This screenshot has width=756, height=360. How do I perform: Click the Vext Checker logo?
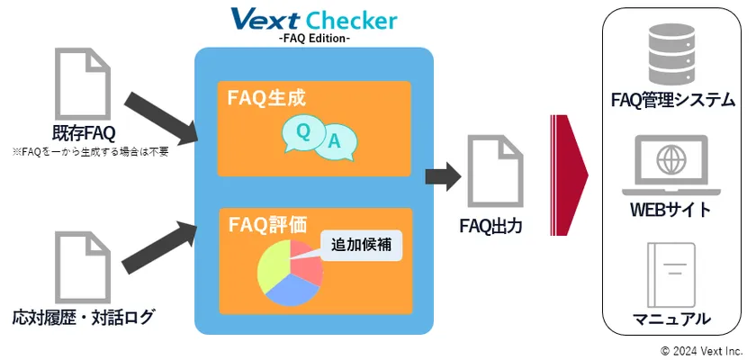click(314, 19)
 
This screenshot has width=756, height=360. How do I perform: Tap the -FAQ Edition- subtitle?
click(314, 39)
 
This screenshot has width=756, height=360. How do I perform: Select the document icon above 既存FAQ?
click(83, 84)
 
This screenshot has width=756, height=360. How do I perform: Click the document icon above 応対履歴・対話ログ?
click(83, 267)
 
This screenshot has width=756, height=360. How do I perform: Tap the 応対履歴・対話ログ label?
click(84, 318)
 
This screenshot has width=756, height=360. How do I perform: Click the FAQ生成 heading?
click(266, 98)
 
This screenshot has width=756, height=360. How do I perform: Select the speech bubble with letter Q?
click(302, 133)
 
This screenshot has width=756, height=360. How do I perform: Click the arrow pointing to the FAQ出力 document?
click(443, 176)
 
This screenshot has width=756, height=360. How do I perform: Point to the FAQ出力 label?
click(491, 226)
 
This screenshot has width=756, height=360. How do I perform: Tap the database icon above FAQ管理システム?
click(672, 55)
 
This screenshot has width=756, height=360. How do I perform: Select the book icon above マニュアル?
click(671, 274)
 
